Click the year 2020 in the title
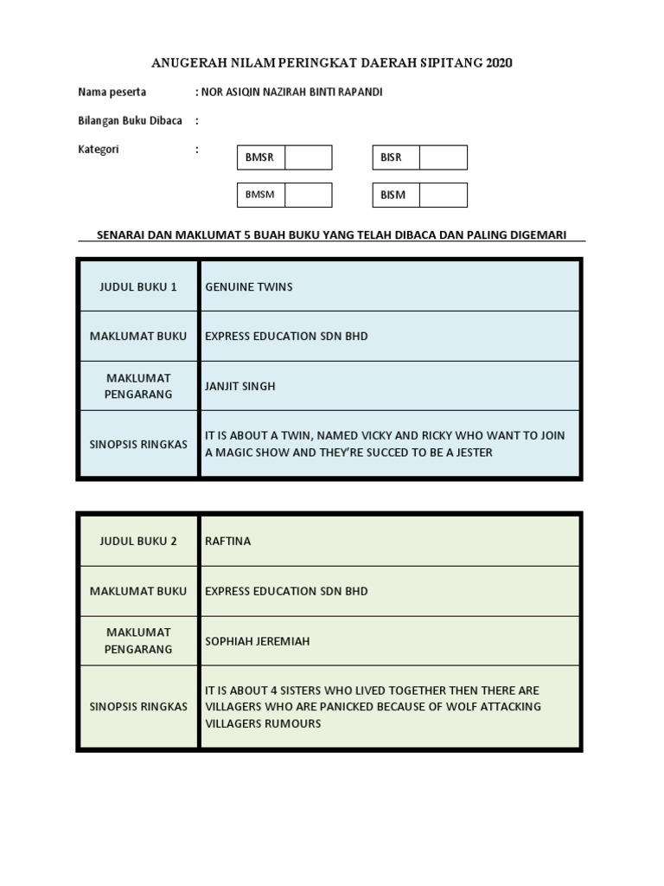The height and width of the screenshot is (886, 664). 499,63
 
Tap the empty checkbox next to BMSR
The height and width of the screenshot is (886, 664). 308,157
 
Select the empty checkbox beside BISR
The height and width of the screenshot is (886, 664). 444,157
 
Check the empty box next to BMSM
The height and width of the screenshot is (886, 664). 308,195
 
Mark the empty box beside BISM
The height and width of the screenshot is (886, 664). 444,195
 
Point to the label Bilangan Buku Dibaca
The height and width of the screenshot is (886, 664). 130,120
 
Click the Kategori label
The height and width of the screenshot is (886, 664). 99,149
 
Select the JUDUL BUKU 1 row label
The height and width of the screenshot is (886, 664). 138,286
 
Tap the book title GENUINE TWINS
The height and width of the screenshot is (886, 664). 249,286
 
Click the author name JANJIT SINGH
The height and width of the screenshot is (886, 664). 240,386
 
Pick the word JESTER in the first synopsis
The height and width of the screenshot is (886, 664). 473,452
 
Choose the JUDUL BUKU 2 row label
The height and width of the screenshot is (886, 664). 138,541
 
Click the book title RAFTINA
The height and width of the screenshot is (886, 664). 229,541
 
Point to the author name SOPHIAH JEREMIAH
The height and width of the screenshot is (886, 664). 257,641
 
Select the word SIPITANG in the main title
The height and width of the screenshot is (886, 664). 456,63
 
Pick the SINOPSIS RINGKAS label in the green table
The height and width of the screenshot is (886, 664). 138,706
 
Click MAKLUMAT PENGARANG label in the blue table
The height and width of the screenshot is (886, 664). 138,386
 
